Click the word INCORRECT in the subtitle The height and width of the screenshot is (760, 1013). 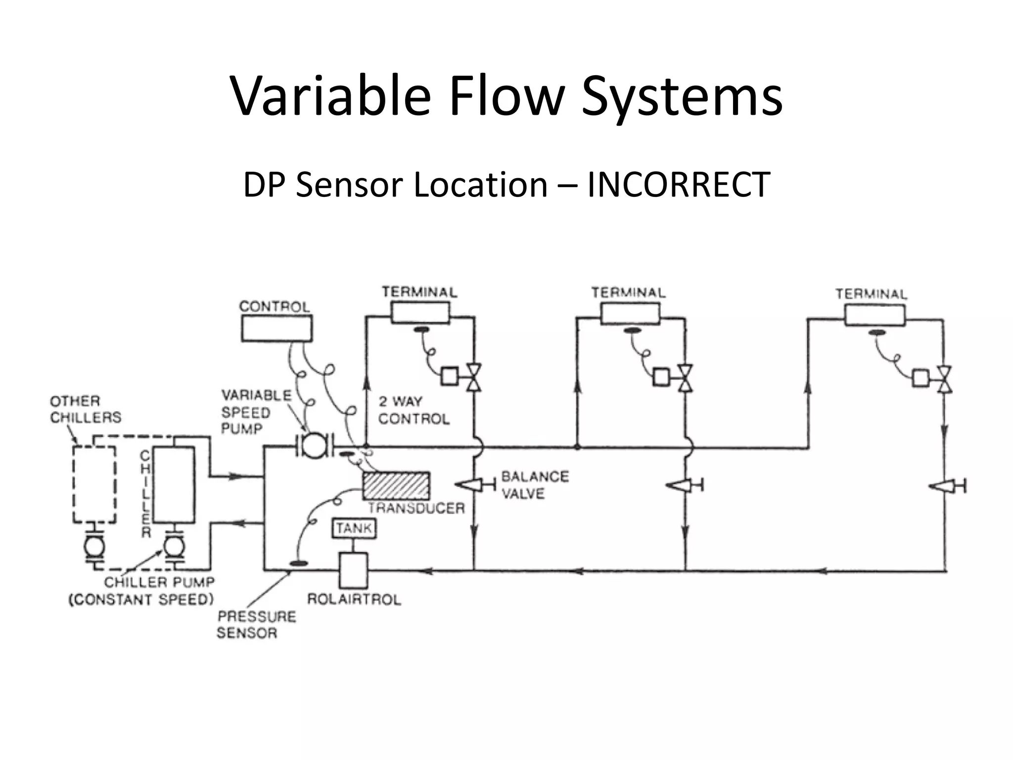(x=678, y=184)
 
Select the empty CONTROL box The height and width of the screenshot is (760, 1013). (x=276, y=328)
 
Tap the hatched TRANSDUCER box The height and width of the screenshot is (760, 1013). (x=396, y=486)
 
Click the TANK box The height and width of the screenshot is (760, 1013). (x=354, y=528)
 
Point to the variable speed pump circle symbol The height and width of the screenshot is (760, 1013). (x=314, y=445)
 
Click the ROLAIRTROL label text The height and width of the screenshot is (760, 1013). (x=354, y=599)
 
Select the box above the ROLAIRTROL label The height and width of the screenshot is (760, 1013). (x=353, y=570)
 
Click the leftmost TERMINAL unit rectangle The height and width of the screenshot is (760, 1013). (x=420, y=313)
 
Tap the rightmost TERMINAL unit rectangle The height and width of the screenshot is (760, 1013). (x=875, y=315)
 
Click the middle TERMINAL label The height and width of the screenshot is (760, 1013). (x=628, y=293)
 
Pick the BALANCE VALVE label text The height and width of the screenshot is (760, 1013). (x=534, y=485)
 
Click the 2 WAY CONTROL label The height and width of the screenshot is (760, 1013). (x=413, y=410)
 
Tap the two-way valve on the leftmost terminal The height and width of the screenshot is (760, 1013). (x=474, y=378)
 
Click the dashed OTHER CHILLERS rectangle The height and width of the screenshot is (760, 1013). (x=94, y=484)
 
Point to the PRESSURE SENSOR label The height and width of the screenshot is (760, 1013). (x=256, y=624)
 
